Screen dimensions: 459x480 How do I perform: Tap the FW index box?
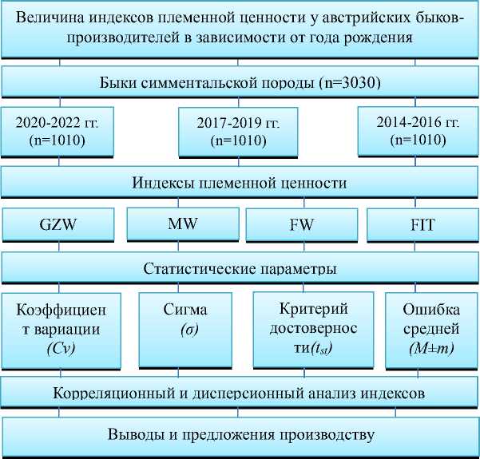tap(300, 224)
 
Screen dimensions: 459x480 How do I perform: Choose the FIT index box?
tap(421, 224)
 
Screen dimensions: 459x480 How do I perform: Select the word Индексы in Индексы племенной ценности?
tap(161, 183)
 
